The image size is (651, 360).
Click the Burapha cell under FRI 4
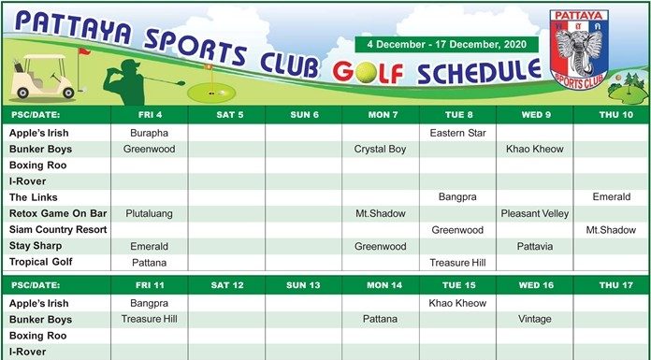pyautogui.click(x=149, y=134)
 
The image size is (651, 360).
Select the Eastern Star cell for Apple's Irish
pyautogui.click(x=458, y=134)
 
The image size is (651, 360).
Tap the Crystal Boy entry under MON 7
pyautogui.click(x=380, y=149)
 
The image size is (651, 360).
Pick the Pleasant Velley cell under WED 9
pyautogui.click(x=535, y=214)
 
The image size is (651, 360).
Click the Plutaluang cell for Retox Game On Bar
pyautogui.click(x=149, y=214)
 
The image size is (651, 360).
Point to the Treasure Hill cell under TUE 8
pyautogui.click(x=457, y=263)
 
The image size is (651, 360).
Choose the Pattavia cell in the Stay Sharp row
pyautogui.click(x=535, y=247)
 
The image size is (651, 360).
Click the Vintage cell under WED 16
pyautogui.click(x=535, y=319)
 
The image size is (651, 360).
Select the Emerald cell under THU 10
pyautogui.click(x=612, y=197)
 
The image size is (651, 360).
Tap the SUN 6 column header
pyautogui.click(x=304, y=115)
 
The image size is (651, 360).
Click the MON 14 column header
pyautogui.click(x=384, y=285)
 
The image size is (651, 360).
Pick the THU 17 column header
pyautogui.click(x=616, y=285)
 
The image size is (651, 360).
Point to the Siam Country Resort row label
pyautogui.click(x=58, y=230)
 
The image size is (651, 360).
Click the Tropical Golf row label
pyautogui.click(x=41, y=262)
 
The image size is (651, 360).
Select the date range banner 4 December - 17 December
pyautogui.click(x=447, y=45)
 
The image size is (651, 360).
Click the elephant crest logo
pyautogui.click(x=579, y=49)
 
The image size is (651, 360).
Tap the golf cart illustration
pyautogui.click(x=43, y=77)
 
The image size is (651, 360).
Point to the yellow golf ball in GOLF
pyautogui.click(x=367, y=73)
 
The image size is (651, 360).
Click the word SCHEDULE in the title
pyautogui.click(x=479, y=72)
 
